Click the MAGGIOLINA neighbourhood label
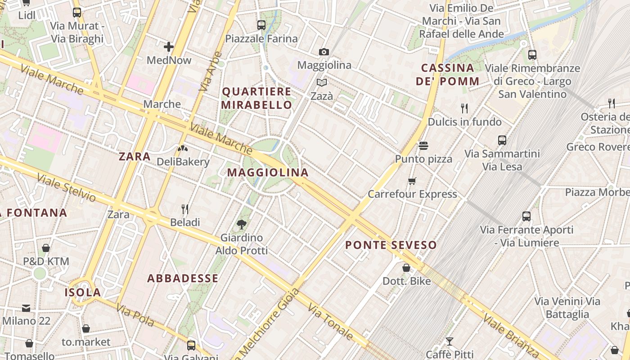268,172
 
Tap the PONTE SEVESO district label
391,245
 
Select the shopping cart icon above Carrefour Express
412,181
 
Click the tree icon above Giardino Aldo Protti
242,224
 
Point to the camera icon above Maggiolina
324,52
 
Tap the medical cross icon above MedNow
169,46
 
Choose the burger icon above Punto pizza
423,145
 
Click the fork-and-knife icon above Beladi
185,209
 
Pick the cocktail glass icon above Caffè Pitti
449,342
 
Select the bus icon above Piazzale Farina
261,25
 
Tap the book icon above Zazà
322,82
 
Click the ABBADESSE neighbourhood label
183,279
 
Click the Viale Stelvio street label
67,188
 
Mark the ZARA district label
135,157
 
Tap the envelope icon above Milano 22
26,308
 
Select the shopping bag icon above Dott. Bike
406,268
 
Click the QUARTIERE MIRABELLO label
257,98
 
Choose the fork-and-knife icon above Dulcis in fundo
464,108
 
